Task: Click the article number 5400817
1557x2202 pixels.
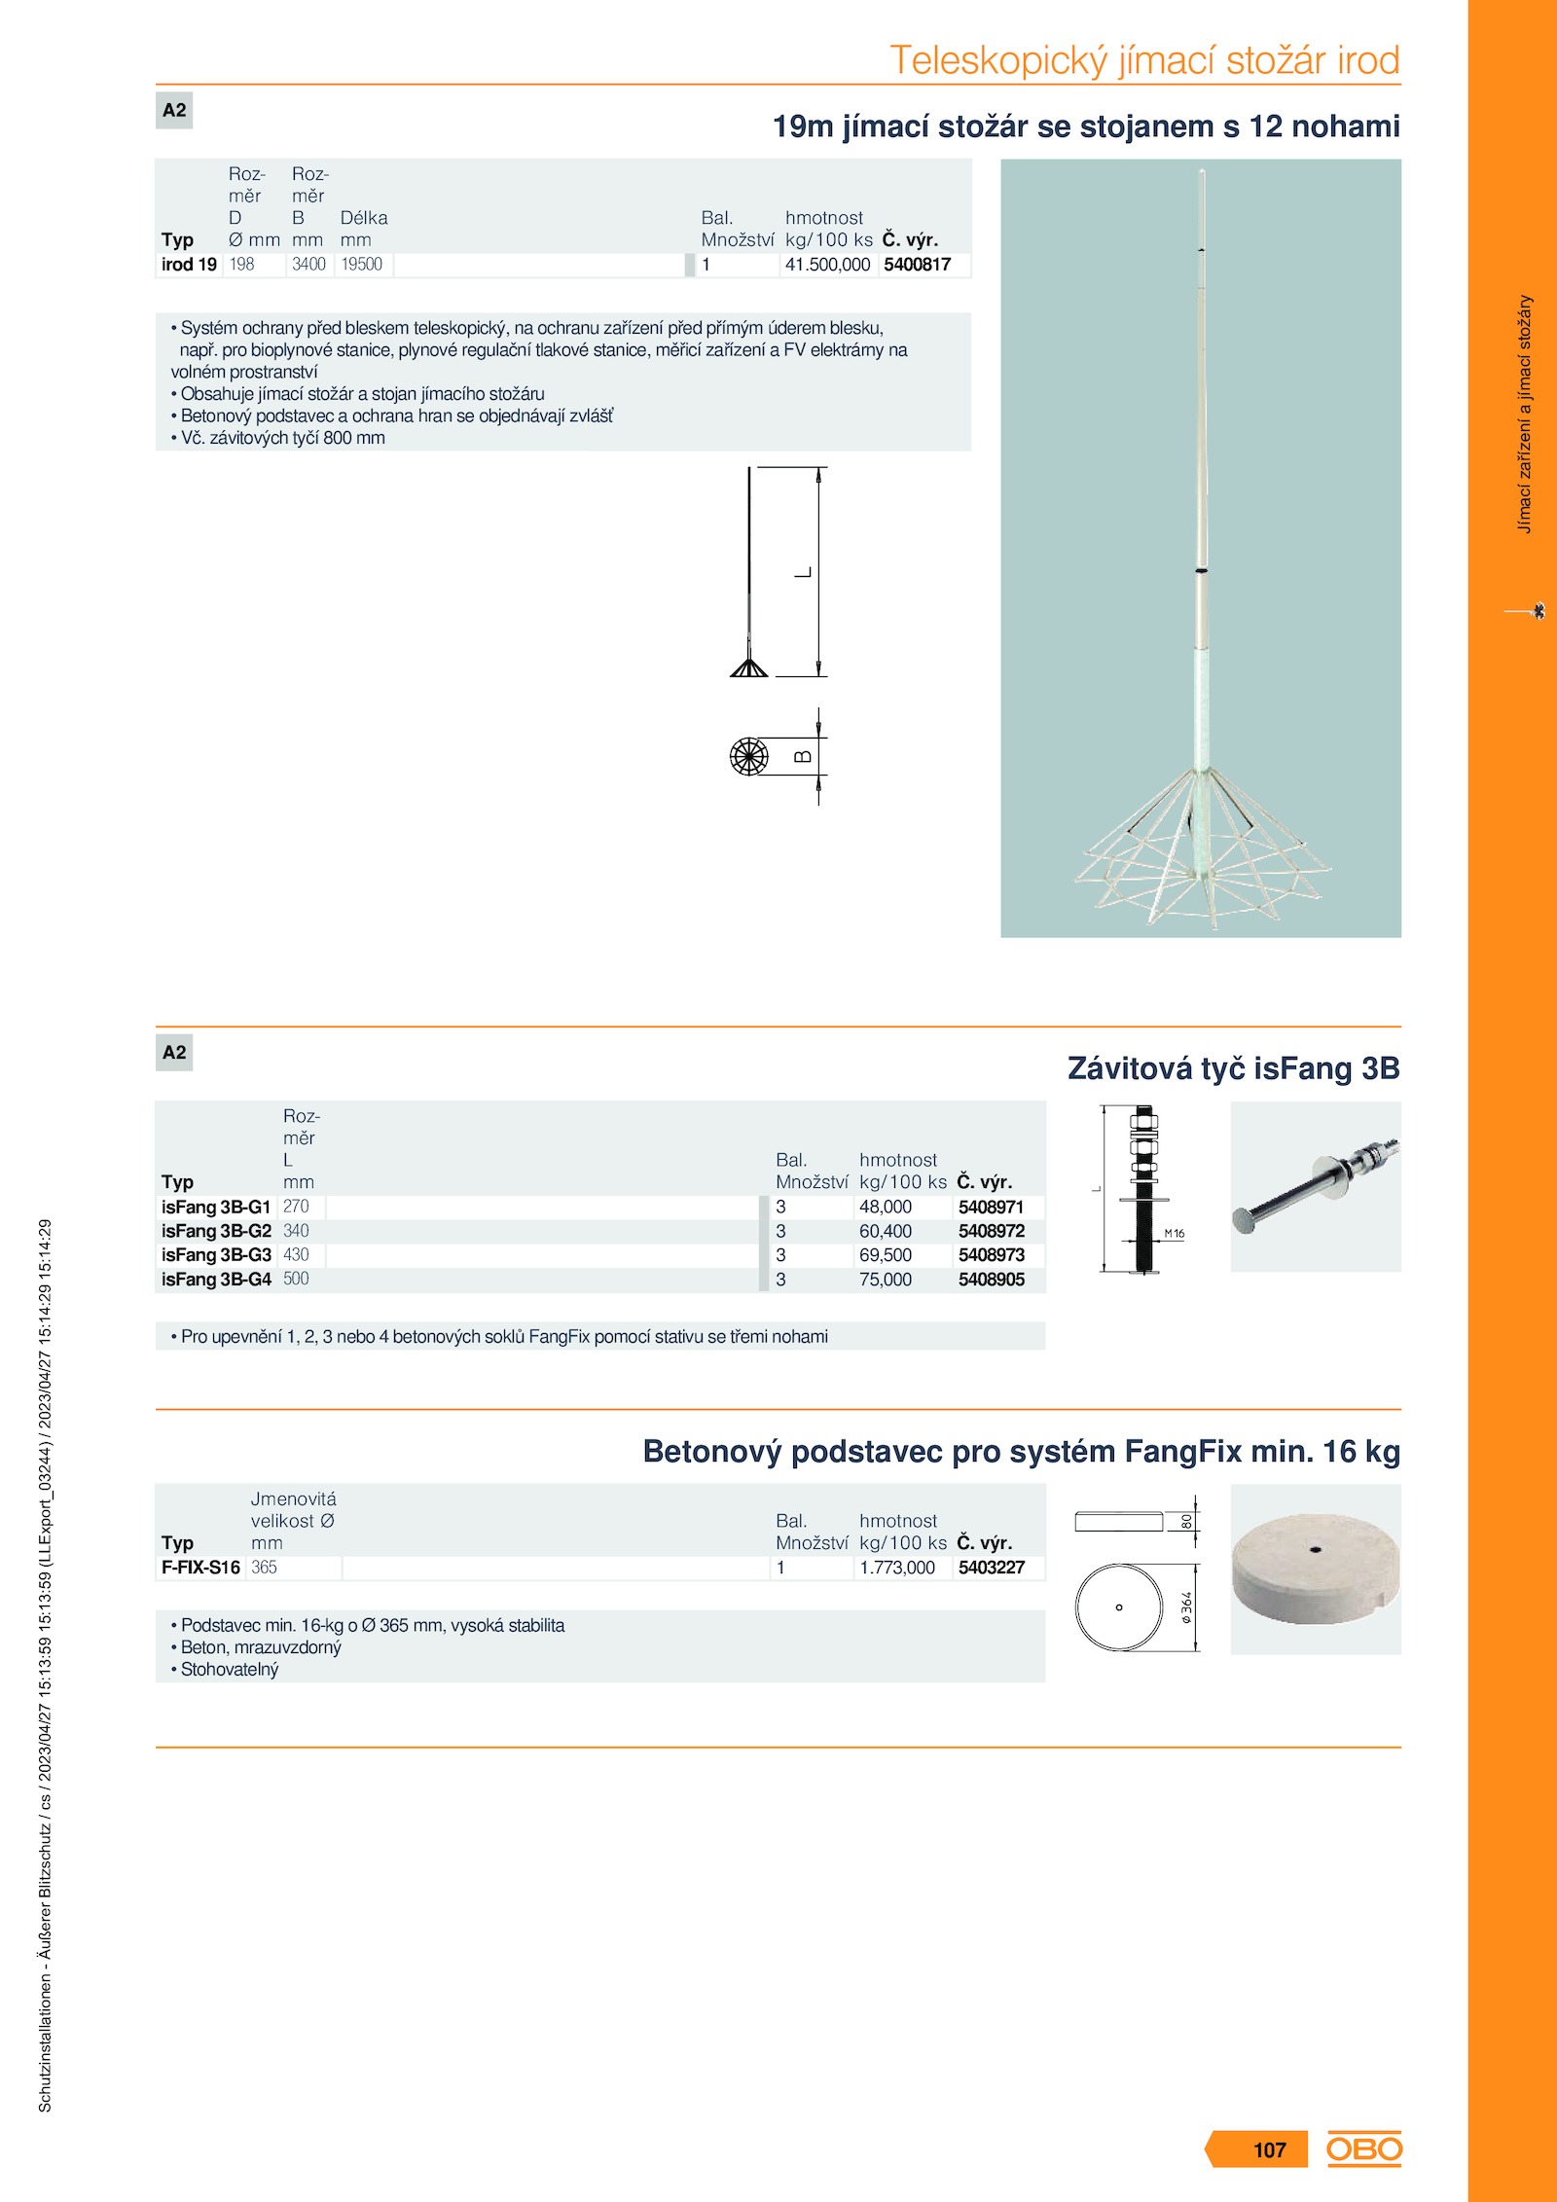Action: pyautogui.click(x=917, y=265)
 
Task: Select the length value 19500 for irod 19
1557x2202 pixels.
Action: pyautogui.click(x=361, y=265)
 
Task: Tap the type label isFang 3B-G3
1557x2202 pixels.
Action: pyautogui.click(x=216, y=1255)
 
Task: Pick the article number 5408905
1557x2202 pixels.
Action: pyautogui.click(x=991, y=1280)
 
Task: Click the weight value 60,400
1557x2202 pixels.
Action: pyautogui.click(x=885, y=1231)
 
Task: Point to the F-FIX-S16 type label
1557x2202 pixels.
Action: pyautogui.click(x=200, y=1568)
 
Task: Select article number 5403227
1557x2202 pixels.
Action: pyautogui.click(x=991, y=1568)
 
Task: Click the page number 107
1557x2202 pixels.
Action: pyautogui.click(x=1269, y=2150)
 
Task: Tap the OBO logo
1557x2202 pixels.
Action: pyautogui.click(x=1364, y=2148)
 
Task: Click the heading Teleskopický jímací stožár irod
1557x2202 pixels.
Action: pyautogui.click(x=1144, y=60)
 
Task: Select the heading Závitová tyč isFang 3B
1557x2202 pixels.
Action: pyautogui.click(x=1233, y=1068)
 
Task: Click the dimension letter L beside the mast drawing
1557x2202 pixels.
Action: pyautogui.click(x=804, y=572)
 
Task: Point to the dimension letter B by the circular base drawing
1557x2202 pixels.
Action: pyautogui.click(x=803, y=757)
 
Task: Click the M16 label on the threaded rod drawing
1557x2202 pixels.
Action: pyautogui.click(x=1175, y=1234)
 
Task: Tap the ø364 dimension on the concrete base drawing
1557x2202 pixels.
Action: pyautogui.click(x=1186, y=1607)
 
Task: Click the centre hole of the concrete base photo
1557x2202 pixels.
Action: pyautogui.click(x=1316, y=1549)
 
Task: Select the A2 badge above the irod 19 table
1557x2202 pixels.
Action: pyautogui.click(x=174, y=110)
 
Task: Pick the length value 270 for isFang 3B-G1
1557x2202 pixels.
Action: pyautogui.click(x=296, y=1207)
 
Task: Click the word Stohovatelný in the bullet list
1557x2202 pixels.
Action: pyautogui.click(x=230, y=1670)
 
